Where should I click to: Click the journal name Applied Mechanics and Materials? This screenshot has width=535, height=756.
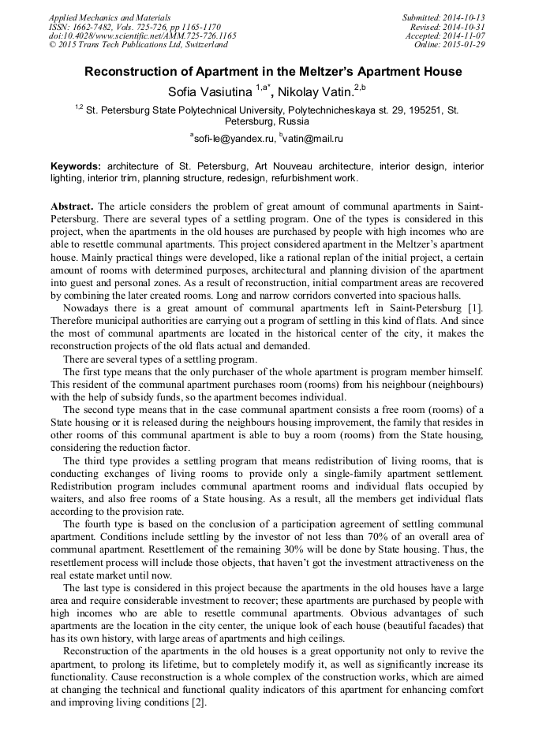tap(109, 17)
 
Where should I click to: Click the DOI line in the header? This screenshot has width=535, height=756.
tap(142, 36)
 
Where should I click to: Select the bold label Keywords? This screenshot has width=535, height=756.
tap(76, 167)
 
